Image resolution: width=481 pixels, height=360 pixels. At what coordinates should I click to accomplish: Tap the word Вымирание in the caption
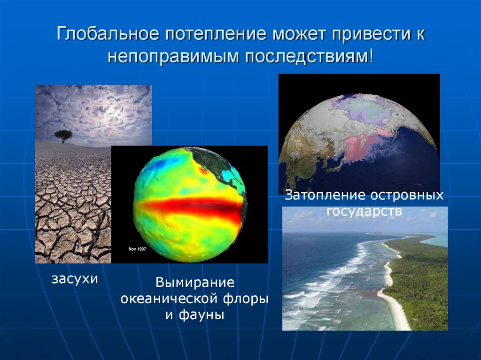pyautogui.click(x=195, y=283)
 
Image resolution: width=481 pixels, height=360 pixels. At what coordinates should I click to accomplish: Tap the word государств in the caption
pyautogui.click(x=365, y=211)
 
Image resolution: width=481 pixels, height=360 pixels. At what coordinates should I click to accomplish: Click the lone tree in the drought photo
pyautogui.click(x=63, y=136)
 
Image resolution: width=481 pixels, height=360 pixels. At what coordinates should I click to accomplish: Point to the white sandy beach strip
pyautogui.click(x=392, y=300)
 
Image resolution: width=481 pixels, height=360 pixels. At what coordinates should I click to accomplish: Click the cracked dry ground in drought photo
pyautogui.click(x=70, y=211)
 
